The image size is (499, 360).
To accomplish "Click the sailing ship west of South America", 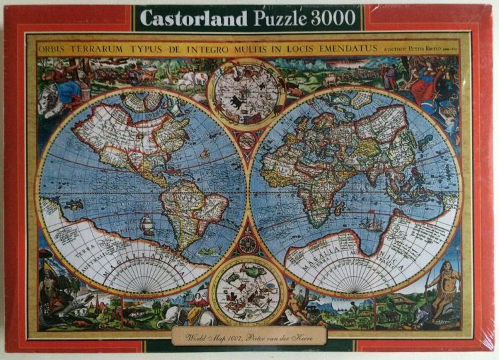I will [x=147, y=229].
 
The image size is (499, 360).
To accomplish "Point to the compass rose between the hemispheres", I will [x=248, y=244].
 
